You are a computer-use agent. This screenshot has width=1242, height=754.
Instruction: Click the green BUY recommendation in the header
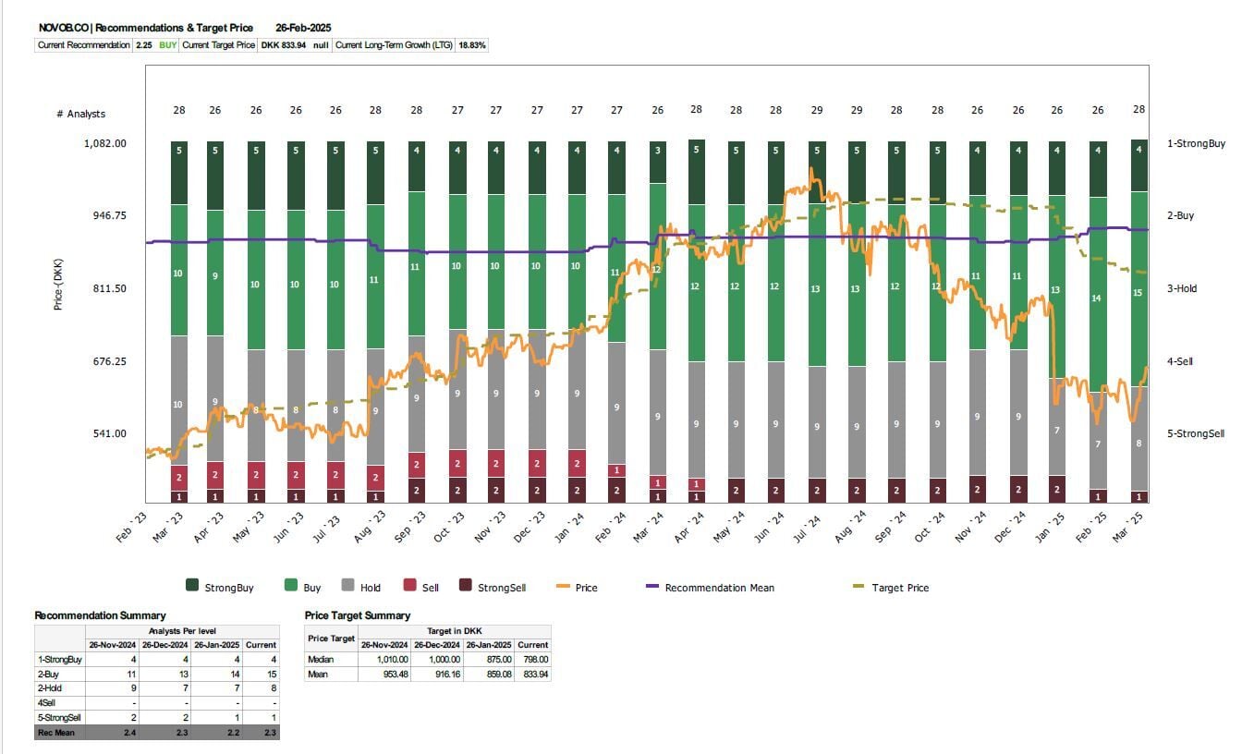coord(168,44)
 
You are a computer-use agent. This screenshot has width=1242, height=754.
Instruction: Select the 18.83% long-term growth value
coord(472,44)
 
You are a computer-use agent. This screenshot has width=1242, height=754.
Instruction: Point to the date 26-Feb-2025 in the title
coord(303,28)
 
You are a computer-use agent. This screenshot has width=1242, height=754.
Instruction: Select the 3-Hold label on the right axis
coord(1181,288)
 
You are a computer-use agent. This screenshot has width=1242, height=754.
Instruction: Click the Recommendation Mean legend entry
coord(719,588)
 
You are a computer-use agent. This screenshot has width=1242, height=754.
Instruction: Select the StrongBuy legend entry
coord(228,587)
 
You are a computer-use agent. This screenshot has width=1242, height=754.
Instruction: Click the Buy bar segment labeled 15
coord(1138,293)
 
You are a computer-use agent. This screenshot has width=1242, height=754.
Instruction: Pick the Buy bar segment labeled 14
coord(1097,298)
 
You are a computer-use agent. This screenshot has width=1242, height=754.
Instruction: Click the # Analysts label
coord(80,114)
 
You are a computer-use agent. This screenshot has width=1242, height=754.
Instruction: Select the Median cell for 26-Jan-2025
coord(487,659)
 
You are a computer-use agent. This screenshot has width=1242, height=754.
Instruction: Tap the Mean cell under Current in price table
coord(533,674)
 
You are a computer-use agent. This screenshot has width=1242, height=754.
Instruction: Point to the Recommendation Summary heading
coord(100,615)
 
